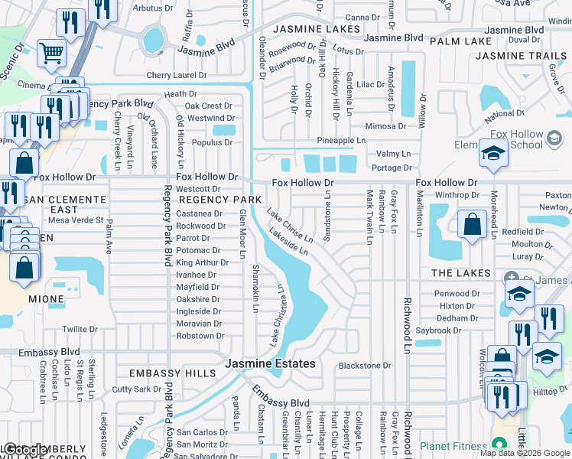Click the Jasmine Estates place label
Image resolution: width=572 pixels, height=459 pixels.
(270, 363)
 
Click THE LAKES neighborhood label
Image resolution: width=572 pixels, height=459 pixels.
(460, 273)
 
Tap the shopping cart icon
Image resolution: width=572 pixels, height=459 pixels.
(52, 54)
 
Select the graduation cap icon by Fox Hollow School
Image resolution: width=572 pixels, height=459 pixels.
(493, 152)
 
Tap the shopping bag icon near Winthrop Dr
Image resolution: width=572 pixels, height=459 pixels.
(473, 224)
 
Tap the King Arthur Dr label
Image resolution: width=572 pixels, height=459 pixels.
(202, 262)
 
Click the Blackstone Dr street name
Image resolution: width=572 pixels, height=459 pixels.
(365, 366)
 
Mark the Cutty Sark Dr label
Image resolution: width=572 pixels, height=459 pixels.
(137, 389)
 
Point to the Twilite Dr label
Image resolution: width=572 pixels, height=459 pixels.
(80, 329)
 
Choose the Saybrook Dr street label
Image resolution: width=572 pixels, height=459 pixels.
(446, 330)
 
